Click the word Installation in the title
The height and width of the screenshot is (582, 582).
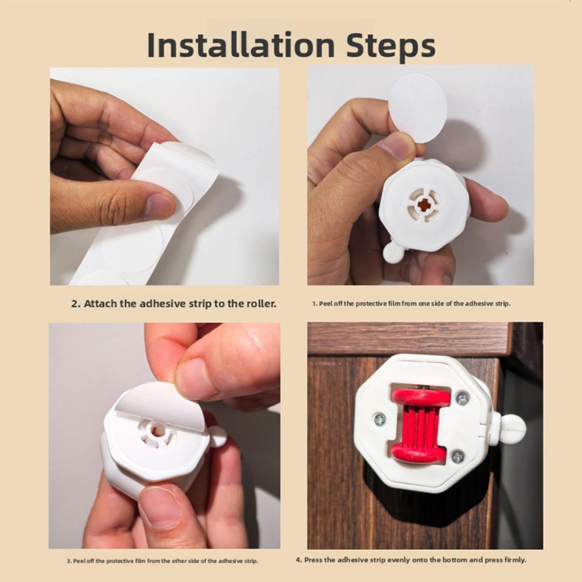tap(240, 45)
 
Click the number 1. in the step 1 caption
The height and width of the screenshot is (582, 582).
tap(315, 304)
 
